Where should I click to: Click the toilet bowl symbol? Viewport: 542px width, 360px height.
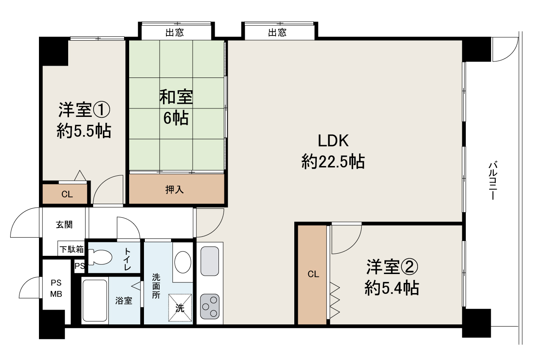click(100, 257)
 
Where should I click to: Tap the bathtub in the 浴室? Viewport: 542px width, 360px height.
click(95, 300)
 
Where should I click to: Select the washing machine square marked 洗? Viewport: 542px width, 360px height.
click(180, 308)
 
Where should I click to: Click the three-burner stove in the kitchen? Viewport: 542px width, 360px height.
click(210, 307)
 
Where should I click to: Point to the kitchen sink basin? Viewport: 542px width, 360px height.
click(210, 261)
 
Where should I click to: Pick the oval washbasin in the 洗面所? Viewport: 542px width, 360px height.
click(183, 262)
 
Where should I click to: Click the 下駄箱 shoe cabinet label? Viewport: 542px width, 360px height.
click(72, 249)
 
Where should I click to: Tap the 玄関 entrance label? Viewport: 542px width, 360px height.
click(64, 224)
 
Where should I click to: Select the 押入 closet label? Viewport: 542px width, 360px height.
click(174, 189)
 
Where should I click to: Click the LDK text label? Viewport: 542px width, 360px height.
click(333, 141)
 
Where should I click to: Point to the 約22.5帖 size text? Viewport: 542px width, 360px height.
click(333, 161)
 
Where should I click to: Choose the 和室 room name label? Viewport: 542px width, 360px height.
click(176, 97)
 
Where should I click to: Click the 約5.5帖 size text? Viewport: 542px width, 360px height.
click(84, 131)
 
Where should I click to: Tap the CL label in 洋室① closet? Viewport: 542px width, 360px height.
click(67, 194)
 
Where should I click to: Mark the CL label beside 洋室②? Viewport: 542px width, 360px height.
click(313, 274)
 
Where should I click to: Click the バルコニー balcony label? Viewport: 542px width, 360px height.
click(493, 180)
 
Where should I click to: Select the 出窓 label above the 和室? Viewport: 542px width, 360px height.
click(175, 32)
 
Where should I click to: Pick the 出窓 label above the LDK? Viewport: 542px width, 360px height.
click(277, 32)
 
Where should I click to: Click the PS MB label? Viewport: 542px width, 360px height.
click(56, 288)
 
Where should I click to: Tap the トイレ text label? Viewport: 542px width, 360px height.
click(127, 259)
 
